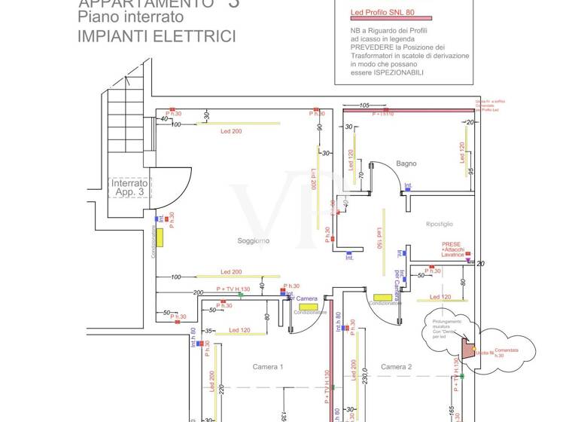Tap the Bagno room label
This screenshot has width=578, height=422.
coord(406,164)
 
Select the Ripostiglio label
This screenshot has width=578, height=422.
coord(440,224)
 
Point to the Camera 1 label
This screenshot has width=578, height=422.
coord(267,367)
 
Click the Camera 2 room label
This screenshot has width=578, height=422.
coord(396,367)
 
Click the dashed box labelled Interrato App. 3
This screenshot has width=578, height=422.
coord(130,188)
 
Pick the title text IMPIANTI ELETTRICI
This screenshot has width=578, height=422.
coord(157,36)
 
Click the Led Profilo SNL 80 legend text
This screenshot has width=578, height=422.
coord(382,13)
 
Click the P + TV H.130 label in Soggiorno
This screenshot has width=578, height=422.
coord(233,289)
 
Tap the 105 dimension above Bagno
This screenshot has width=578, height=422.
coord(365,105)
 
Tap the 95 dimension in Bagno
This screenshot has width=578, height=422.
coord(470,171)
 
